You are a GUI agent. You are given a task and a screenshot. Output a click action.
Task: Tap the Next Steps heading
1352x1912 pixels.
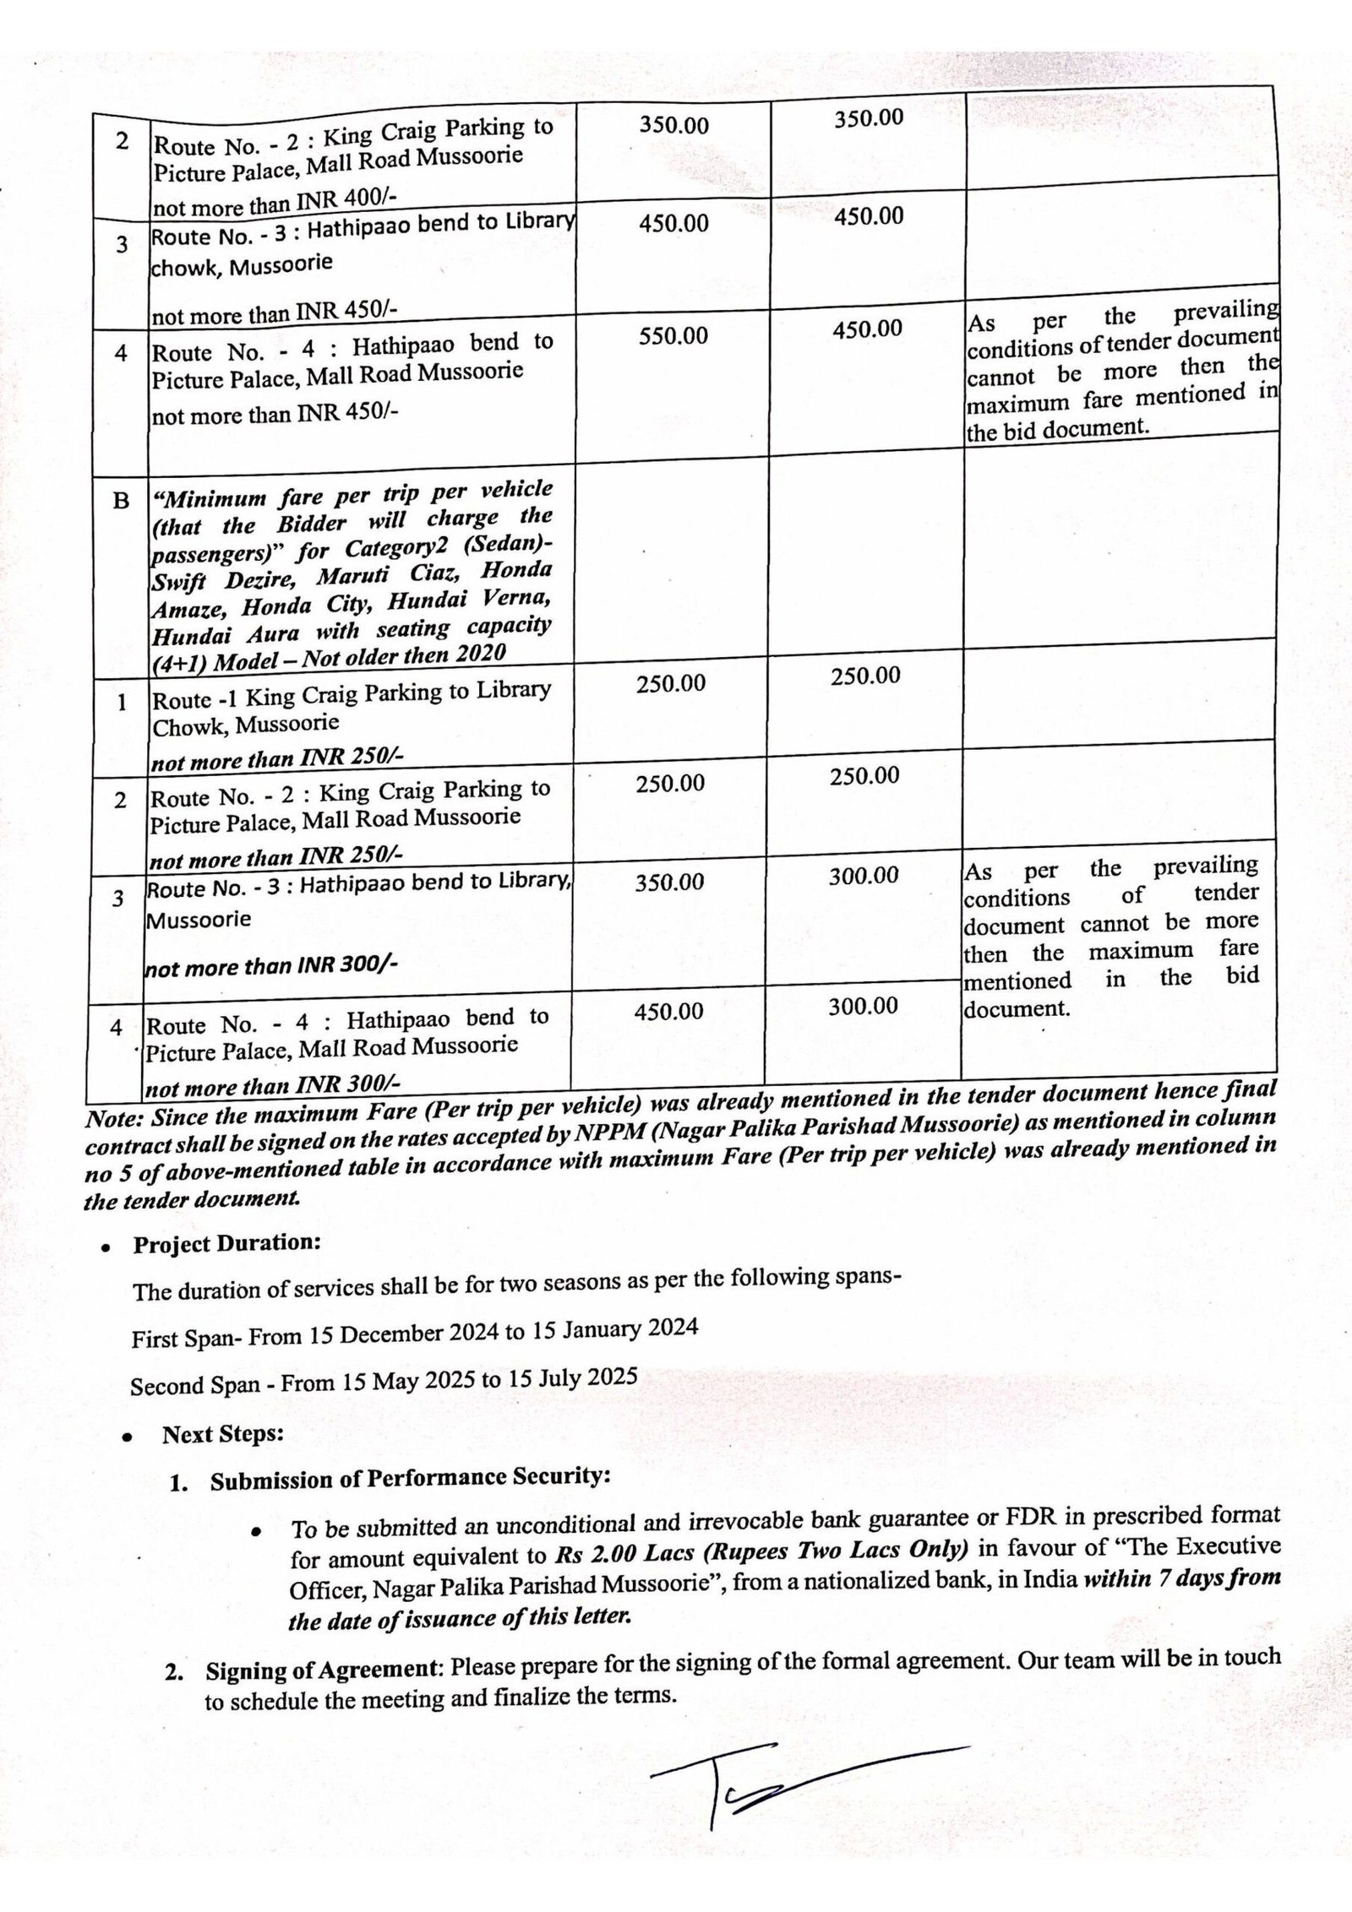point(223,1434)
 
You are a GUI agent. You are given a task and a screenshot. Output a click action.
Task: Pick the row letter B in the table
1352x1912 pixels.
point(121,501)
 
